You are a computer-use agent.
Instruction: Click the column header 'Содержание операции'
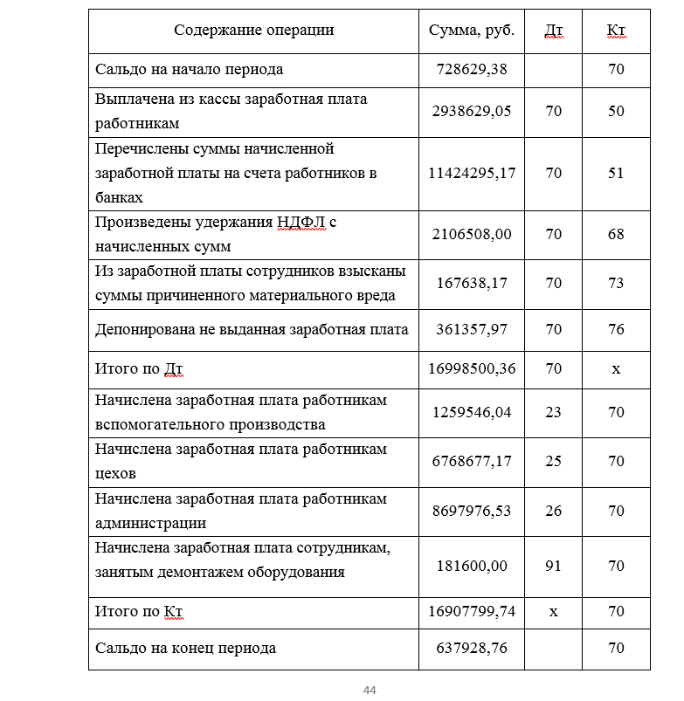click(x=253, y=31)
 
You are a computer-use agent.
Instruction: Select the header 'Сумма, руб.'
click(x=472, y=31)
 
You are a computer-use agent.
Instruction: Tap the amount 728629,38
click(x=472, y=69)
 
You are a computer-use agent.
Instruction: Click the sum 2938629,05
click(x=472, y=112)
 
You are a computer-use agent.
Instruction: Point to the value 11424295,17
click(x=472, y=173)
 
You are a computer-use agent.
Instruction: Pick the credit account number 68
click(x=616, y=234)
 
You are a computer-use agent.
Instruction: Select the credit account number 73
click(x=616, y=283)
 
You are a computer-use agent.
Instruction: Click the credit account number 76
click(x=616, y=330)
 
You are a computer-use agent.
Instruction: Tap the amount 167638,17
click(x=472, y=283)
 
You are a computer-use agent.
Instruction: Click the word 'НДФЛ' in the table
click(x=301, y=222)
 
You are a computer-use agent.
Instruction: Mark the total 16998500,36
click(x=472, y=369)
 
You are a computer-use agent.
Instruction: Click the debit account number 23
click(x=553, y=412)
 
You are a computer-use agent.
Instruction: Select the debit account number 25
click(x=553, y=461)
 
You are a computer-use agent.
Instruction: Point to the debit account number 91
click(x=553, y=566)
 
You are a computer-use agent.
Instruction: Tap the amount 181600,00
click(x=472, y=566)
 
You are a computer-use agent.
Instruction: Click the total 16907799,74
click(x=472, y=612)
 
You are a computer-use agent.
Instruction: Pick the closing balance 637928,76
click(x=472, y=649)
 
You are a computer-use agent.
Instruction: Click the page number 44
click(x=370, y=691)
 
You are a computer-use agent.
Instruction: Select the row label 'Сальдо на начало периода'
click(x=189, y=69)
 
